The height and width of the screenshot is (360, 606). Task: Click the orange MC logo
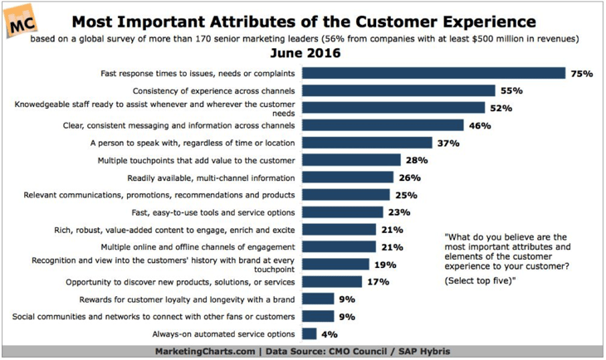point(21,22)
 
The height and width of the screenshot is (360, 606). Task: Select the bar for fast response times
point(433,73)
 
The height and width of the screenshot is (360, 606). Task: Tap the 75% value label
point(582,73)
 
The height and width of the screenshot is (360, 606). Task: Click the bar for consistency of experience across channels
point(398,90)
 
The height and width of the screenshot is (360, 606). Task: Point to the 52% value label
point(501,108)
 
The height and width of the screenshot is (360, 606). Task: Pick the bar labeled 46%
point(383,125)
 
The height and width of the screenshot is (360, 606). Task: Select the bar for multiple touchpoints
point(351,160)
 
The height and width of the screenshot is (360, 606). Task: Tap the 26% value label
point(409,178)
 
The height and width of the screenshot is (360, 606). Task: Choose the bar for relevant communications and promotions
point(346,195)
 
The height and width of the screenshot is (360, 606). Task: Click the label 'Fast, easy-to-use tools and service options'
point(213,213)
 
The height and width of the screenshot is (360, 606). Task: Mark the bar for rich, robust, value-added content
point(339,230)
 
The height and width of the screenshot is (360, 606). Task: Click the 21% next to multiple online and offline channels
point(393,247)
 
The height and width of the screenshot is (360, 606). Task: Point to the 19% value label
point(385,265)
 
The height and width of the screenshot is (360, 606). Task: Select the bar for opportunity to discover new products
point(332,281)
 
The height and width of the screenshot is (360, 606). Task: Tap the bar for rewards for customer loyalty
point(318,299)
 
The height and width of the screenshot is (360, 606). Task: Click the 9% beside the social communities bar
point(347,317)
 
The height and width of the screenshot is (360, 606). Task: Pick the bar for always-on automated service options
point(309,333)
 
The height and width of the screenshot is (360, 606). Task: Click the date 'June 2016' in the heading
point(305,53)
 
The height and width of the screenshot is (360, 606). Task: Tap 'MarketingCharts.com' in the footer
point(205,352)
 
